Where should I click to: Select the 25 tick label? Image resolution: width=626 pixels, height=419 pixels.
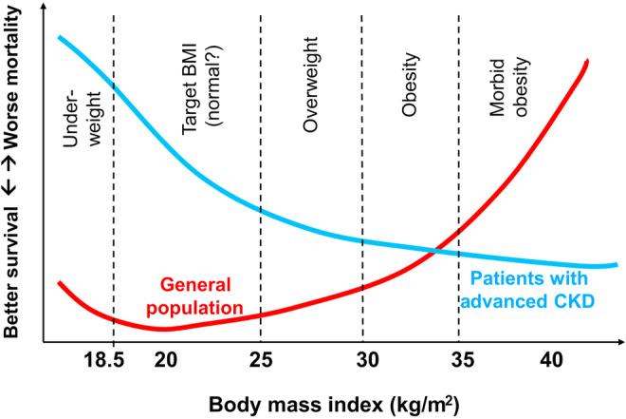pyautogui.click(x=261, y=361)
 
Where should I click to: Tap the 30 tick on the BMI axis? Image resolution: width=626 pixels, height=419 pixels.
pyautogui.click(x=362, y=361)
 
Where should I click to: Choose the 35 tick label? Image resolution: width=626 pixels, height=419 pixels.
pyautogui.click(x=459, y=361)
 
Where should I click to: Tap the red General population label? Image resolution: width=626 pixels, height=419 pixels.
pyautogui.click(x=193, y=295)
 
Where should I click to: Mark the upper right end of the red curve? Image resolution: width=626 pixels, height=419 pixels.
pyautogui.click(x=587, y=62)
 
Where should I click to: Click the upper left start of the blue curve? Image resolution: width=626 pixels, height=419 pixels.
pyautogui.click(x=59, y=37)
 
